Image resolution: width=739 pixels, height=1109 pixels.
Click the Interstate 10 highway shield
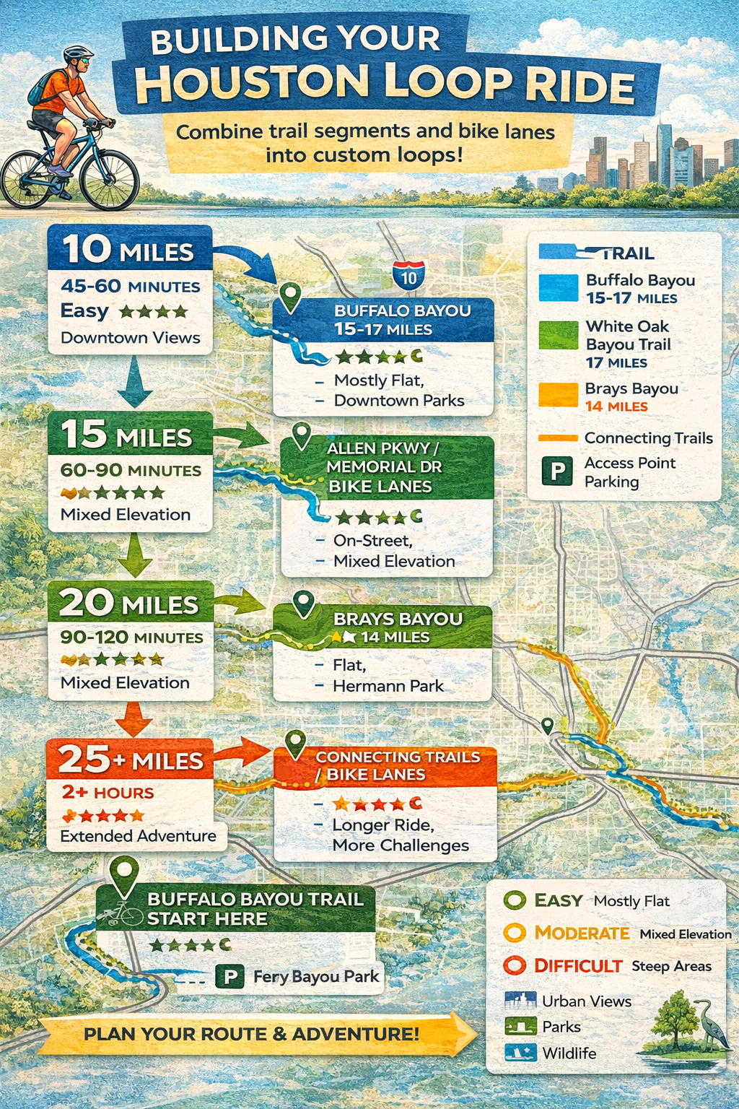[408, 276]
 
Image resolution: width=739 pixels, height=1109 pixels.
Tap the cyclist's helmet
[77, 54]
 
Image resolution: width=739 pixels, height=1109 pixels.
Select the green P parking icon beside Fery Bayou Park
[230, 977]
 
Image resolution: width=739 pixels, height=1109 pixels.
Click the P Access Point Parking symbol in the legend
[557, 471]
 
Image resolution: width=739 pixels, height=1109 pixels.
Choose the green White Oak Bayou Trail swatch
[558, 336]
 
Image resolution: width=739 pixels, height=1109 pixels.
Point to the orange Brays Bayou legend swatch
[558, 396]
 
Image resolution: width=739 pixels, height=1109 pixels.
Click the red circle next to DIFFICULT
[515, 965]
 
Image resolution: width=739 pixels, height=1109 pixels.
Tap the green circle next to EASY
[515, 900]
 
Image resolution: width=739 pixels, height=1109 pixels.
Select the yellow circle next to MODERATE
[515, 933]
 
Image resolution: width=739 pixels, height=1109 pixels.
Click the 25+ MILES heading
[130, 760]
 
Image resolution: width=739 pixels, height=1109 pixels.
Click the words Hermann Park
[388, 686]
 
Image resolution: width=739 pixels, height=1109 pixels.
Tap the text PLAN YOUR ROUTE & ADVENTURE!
[251, 1034]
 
